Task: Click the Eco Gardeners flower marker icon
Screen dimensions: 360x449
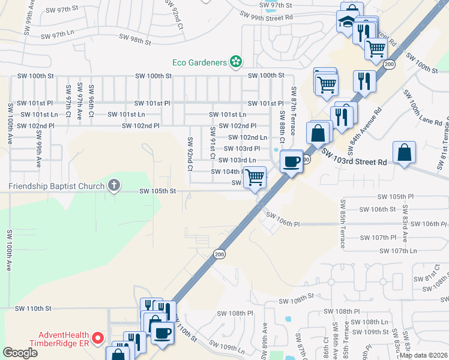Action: (237, 61)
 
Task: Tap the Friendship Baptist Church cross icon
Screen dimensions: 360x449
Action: (113, 185)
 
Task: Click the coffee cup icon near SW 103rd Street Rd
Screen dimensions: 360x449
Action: (292, 161)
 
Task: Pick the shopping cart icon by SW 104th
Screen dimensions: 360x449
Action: (255, 178)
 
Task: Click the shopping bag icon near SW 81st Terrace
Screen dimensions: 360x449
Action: (405, 153)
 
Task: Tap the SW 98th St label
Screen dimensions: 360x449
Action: (134, 40)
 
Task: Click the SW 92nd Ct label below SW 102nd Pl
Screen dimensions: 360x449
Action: (190, 154)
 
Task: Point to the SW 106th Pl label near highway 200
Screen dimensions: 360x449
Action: (282, 220)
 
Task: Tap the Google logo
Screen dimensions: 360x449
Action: (20, 353)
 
